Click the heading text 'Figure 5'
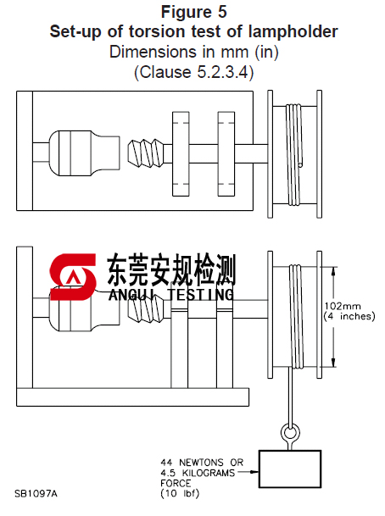(193, 12)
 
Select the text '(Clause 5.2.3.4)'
(193, 73)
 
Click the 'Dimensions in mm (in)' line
(193, 53)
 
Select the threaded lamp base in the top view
(142, 153)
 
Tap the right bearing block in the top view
(228, 153)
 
